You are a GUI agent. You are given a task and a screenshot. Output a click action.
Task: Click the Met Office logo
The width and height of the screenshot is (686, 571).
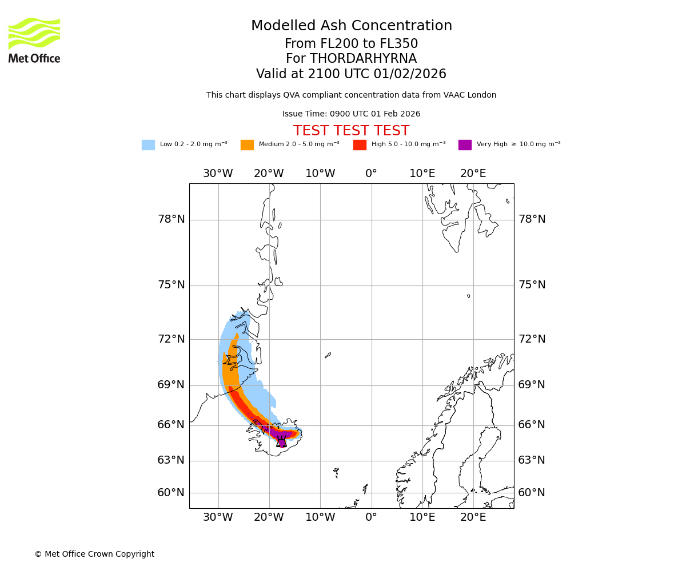coord(34,40)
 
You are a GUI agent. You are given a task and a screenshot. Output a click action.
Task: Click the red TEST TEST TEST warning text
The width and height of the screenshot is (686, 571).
coord(351,131)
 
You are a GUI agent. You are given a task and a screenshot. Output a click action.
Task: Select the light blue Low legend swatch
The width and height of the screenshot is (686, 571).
coord(148,145)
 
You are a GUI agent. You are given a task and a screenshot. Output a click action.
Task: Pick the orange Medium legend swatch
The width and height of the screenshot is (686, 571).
coord(247,145)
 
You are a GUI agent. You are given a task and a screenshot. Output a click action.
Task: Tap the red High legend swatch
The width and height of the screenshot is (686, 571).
coord(360,145)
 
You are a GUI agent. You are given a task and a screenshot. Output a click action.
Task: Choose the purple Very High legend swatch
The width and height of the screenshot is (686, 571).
coord(465,145)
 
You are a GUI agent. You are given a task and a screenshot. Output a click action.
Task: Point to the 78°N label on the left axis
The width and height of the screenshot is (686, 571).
coord(171,219)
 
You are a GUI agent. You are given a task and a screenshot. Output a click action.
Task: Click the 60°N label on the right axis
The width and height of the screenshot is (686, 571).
coord(532,493)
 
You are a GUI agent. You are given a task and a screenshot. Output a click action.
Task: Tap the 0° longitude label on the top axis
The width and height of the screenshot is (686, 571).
coord(371,174)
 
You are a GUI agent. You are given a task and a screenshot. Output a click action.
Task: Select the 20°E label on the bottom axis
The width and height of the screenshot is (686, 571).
coord(473,517)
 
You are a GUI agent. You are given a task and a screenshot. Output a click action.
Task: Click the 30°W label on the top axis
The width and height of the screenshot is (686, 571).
coord(218,174)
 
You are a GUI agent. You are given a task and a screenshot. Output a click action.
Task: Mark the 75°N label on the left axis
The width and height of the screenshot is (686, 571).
coord(171,285)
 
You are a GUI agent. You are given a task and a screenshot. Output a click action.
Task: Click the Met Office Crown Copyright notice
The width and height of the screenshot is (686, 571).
coord(94,554)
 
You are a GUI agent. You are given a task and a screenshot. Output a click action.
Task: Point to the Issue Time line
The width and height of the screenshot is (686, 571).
coord(351,114)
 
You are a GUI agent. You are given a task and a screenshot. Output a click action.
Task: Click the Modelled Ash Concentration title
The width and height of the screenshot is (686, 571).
coord(352,26)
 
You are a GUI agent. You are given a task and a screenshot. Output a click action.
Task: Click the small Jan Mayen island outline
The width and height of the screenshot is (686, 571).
coord(328,355)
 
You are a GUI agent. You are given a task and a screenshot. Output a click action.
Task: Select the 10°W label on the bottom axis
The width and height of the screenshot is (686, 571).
coord(320,517)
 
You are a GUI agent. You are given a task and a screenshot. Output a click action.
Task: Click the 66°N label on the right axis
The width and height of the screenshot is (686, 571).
coord(532,425)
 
